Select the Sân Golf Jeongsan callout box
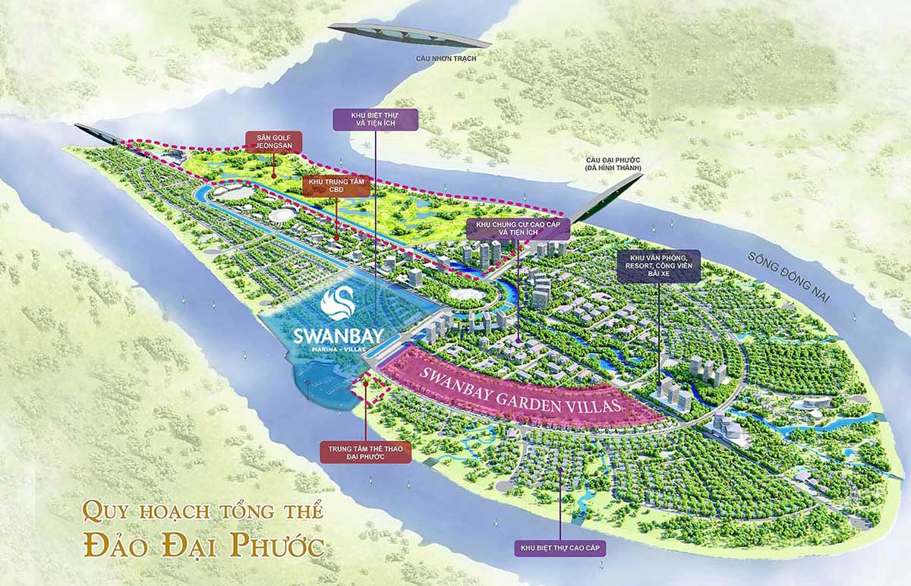click(273, 140)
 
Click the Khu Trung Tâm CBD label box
click(337, 186)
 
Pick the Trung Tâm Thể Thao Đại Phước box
click(365, 452)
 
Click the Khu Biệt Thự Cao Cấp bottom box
click(560, 547)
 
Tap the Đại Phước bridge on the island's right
click(607, 200)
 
